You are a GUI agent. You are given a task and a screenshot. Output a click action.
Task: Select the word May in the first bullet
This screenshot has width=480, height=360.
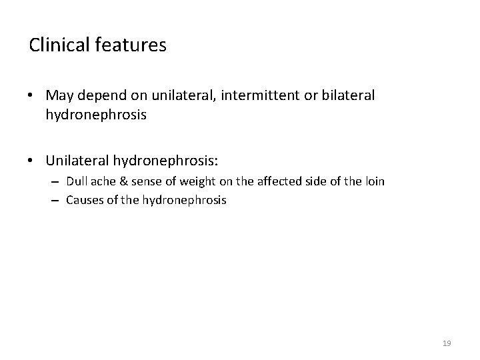coord(59,96)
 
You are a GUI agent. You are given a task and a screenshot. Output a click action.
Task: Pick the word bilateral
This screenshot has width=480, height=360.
coord(345,96)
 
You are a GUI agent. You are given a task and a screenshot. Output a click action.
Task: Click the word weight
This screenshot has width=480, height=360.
coord(193,181)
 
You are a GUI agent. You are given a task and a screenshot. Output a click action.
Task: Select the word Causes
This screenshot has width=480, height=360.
coord(83,199)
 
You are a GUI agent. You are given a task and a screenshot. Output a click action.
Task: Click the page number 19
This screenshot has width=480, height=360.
coord(447,343)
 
